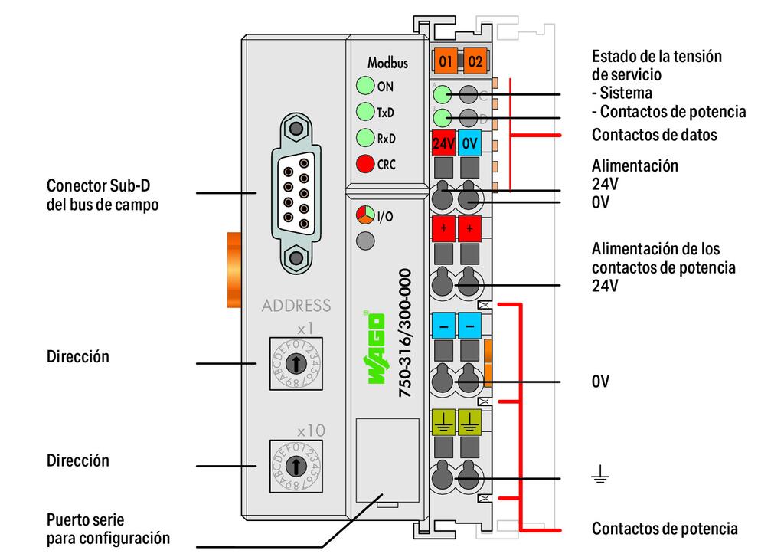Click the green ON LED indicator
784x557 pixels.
point(365,87)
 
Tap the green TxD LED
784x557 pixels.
point(365,113)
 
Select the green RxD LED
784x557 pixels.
point(365,139)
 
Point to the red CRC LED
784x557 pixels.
point(365,164)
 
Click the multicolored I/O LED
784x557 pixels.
point(365,215)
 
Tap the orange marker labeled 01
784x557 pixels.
point(446,61)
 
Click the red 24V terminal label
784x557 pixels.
point(444,143)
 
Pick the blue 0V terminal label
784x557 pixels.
point(470,143)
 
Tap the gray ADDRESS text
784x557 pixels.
point(296,306)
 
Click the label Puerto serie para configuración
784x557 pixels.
point(108,529)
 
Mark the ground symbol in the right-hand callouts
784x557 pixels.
point(599,478)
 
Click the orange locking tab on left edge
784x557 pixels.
point(234,270)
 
